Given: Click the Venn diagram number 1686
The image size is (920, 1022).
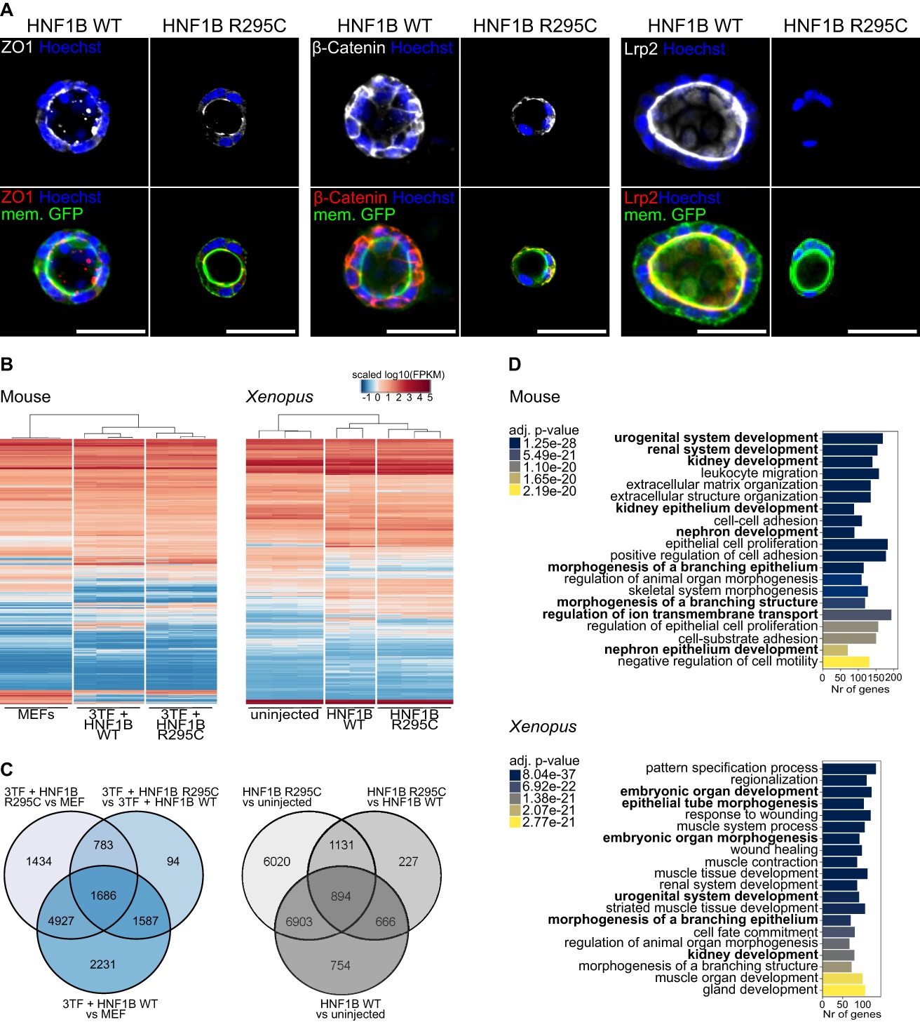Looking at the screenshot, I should pos(103,896).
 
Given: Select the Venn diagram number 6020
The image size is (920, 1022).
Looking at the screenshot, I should pos(276,861).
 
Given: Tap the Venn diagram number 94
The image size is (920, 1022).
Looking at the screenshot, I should pos(173,861).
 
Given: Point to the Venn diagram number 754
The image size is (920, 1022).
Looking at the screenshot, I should pos(340,966).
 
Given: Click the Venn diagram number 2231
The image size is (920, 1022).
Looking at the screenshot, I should pos(102,964).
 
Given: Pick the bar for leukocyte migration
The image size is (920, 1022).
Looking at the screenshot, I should pos(850,473).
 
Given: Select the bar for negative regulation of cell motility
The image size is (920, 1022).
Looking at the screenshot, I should pos(846,661).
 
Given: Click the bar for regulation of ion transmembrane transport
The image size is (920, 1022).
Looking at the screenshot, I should pos(856,614).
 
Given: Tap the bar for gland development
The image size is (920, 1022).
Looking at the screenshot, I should pos(844,990).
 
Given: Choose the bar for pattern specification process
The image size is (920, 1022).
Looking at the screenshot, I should pos(848,768).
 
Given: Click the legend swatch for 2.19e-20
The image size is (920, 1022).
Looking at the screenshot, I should pos(515,491).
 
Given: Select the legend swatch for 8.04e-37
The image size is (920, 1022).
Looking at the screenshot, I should pos(515,774).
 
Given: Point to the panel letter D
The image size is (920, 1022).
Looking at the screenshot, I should pos(515,364).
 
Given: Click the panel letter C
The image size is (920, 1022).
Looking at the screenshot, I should pos(6,769).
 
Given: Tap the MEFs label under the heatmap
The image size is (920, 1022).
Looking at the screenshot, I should pos(36,714).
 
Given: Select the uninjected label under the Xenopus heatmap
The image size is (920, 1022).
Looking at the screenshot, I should pos(284,714).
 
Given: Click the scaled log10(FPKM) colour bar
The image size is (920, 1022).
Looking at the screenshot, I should pos(395,386).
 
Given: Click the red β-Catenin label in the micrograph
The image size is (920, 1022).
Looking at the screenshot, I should pos(350,198).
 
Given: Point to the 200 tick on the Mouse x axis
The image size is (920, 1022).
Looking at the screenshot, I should pos(893,678).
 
